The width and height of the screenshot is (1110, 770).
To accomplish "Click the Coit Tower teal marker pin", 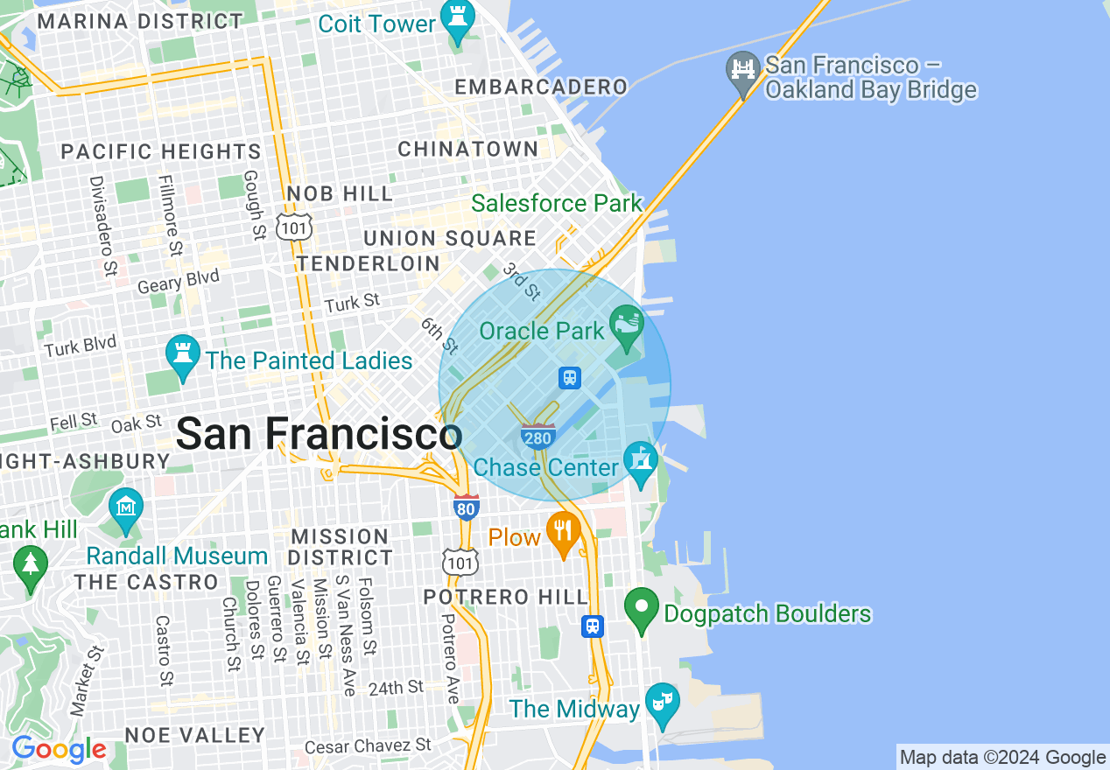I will [456, 21].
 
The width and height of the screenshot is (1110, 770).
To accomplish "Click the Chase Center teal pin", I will [640, 462].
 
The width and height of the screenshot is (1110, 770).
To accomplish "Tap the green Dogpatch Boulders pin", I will [642, 610].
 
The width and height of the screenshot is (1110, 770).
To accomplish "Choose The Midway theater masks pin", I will [663, 703].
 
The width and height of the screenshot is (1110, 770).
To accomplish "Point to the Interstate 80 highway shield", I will [467, 507].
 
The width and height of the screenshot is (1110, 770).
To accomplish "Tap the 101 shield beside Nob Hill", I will [292, 227].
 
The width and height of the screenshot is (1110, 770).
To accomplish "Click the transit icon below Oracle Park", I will [570, 377].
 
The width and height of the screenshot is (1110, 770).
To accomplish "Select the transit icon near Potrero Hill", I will [593, 626].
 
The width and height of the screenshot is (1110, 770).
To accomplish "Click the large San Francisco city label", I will [319, 434].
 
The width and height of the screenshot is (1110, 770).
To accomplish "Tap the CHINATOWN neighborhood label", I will [468, 150].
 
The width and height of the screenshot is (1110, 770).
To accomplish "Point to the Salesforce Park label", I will [557, 204].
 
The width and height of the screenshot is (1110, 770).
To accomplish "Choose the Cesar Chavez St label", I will [368, 746].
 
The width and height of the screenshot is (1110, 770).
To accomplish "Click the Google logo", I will [59, 749].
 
